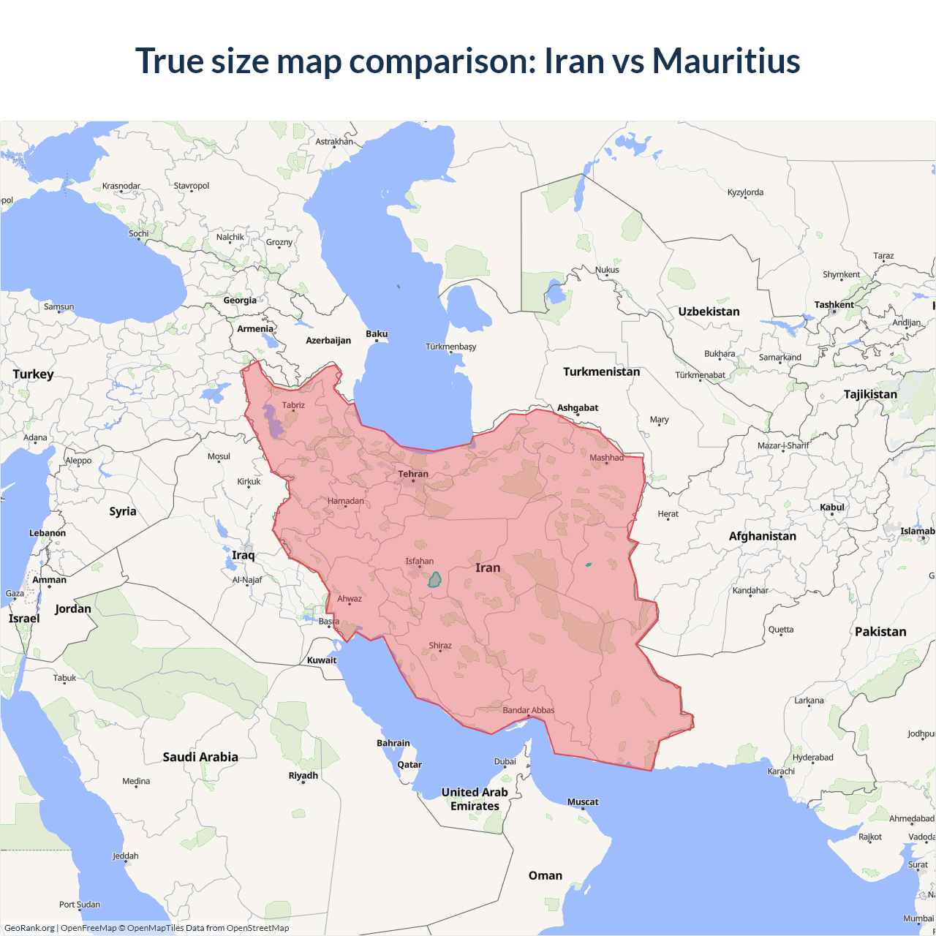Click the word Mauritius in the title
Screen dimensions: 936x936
[726, 61]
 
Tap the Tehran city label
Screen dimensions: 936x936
[413, 474]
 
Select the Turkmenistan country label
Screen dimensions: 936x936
[601, 371]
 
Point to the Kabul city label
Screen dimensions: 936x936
[832, 507]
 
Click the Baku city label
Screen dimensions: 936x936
[377, 334]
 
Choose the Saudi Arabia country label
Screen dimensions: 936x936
[200, 757]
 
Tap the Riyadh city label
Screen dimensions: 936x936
[303, 775]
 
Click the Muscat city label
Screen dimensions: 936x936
[583, 801]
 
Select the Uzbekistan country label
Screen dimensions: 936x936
[709, 312]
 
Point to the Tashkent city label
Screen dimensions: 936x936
[834, 305]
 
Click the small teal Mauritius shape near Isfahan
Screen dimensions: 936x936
[434, 580]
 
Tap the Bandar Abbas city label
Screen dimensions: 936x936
[529, 710]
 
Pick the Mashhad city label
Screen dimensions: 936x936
[607, 458]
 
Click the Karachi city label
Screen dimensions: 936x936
[781, 771]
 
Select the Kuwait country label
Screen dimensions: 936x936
[322, 660]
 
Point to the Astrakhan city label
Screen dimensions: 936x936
[334, 142]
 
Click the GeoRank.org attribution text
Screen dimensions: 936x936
[29, 928]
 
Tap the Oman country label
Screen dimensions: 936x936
[546, 875]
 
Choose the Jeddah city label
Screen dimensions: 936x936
[126, 856]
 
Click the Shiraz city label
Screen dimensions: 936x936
[440, 646]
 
